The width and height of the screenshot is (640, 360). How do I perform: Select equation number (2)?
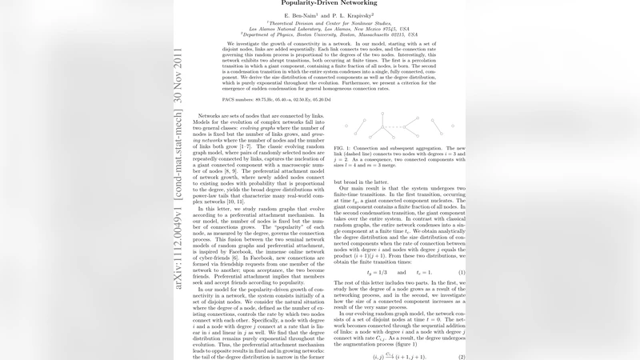coord(462,357)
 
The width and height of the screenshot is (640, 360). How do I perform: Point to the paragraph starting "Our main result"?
coord(399,232)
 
